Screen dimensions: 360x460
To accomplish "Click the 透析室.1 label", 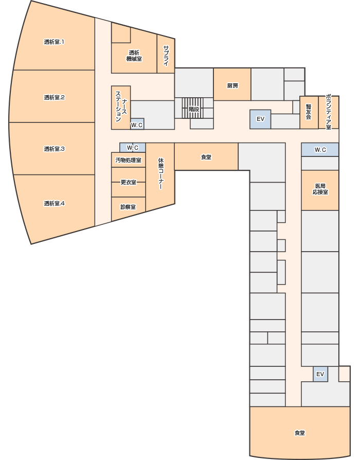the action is (x=54, y=42).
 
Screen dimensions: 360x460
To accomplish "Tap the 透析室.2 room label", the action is (x=54, y=97).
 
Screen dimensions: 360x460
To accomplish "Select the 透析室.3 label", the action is (x=54, y=149).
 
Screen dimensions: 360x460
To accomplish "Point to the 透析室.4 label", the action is (x=54, y=203).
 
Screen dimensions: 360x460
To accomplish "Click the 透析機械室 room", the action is (x=134, y=56).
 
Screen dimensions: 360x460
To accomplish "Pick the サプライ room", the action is (x=166, y=55).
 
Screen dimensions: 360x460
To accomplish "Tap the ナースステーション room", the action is (x=121, y=108).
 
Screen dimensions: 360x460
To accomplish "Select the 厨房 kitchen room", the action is (x=232, y=84).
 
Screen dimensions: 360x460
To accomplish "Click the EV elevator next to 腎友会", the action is (x=260, y=119).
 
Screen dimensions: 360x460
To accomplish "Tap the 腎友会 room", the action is (x=309, y=112).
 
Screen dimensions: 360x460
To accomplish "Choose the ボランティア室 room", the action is (x=329, y=112).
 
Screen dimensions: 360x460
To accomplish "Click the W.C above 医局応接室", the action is (x=320, y=150).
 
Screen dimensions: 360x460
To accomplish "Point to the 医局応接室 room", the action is (x=320, y=190).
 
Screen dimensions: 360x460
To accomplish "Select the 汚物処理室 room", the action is (x=129, y=160).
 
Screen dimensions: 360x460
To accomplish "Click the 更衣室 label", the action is (x=129, y=182).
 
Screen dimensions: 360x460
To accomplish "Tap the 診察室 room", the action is (x=129, y=208).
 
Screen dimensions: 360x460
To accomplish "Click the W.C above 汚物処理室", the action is (x=133, y=148).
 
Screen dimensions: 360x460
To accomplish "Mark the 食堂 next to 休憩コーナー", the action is (x=206, y=156).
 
